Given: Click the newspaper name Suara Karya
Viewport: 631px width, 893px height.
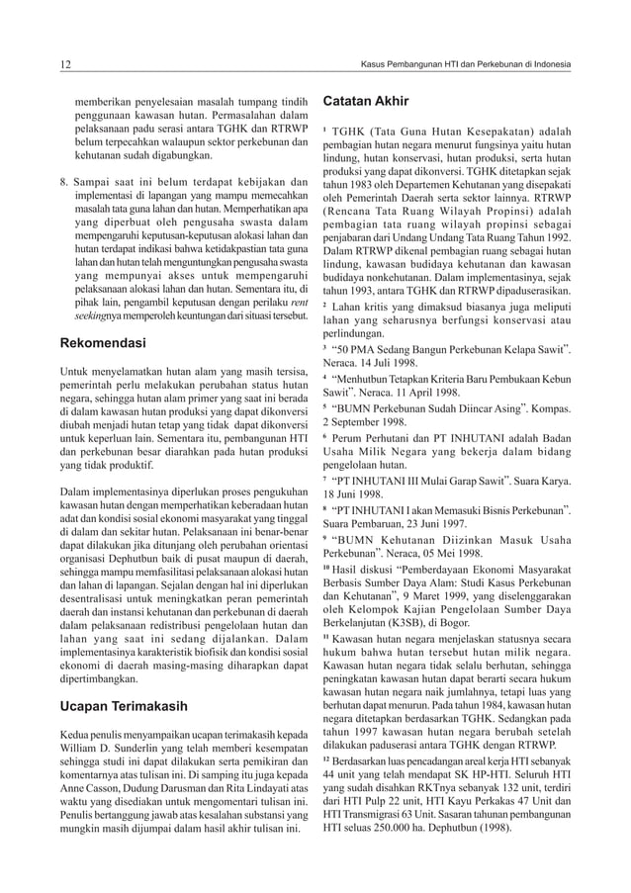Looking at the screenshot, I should [544, 482].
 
